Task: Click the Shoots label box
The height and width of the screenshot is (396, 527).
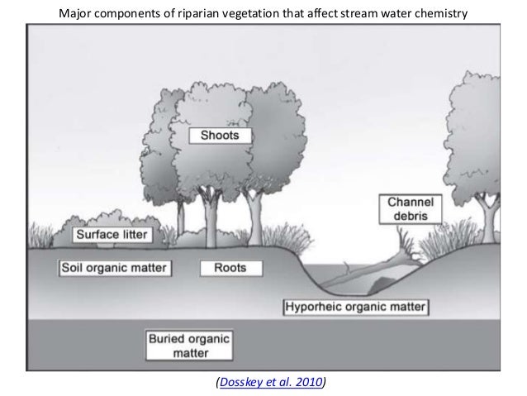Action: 221,135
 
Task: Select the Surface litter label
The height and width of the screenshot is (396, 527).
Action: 112,235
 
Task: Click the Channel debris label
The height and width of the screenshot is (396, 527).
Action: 412,208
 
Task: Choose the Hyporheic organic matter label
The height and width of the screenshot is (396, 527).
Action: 355,308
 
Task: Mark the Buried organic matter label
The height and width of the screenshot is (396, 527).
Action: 190,346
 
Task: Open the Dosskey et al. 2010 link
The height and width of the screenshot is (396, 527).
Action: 269,382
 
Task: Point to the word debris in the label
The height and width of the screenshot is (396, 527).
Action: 412,216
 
